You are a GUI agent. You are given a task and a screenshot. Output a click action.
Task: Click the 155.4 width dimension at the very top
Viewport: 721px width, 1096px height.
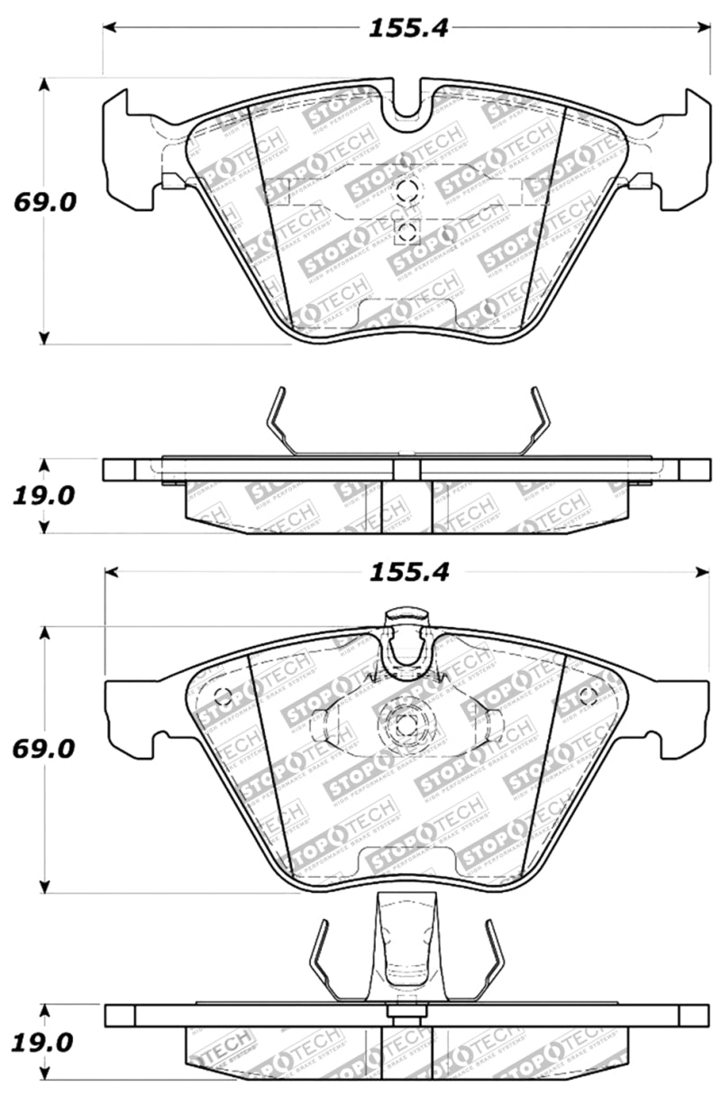[407, 27]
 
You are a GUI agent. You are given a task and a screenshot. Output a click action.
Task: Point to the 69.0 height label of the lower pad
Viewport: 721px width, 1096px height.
[43, 749]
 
